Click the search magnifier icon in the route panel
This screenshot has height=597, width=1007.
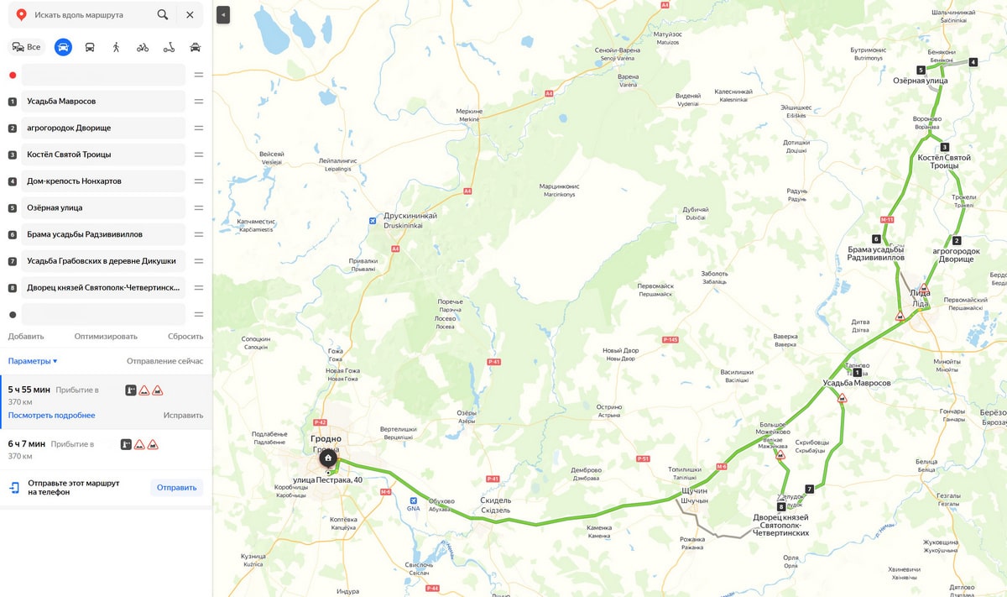point(163,15)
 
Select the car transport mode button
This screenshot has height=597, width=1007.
point(63,47)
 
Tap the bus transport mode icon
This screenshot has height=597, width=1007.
point(90,47)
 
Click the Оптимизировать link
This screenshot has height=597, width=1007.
point(106,337)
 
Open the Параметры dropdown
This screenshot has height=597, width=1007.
point(33,361)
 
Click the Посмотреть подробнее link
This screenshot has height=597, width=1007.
point(51,416)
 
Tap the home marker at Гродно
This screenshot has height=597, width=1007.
point(327,458)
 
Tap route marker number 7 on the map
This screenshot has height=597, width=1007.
point(809,489)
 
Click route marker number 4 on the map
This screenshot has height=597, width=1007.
point(973,62)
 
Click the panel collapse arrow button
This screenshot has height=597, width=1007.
point(223,15)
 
